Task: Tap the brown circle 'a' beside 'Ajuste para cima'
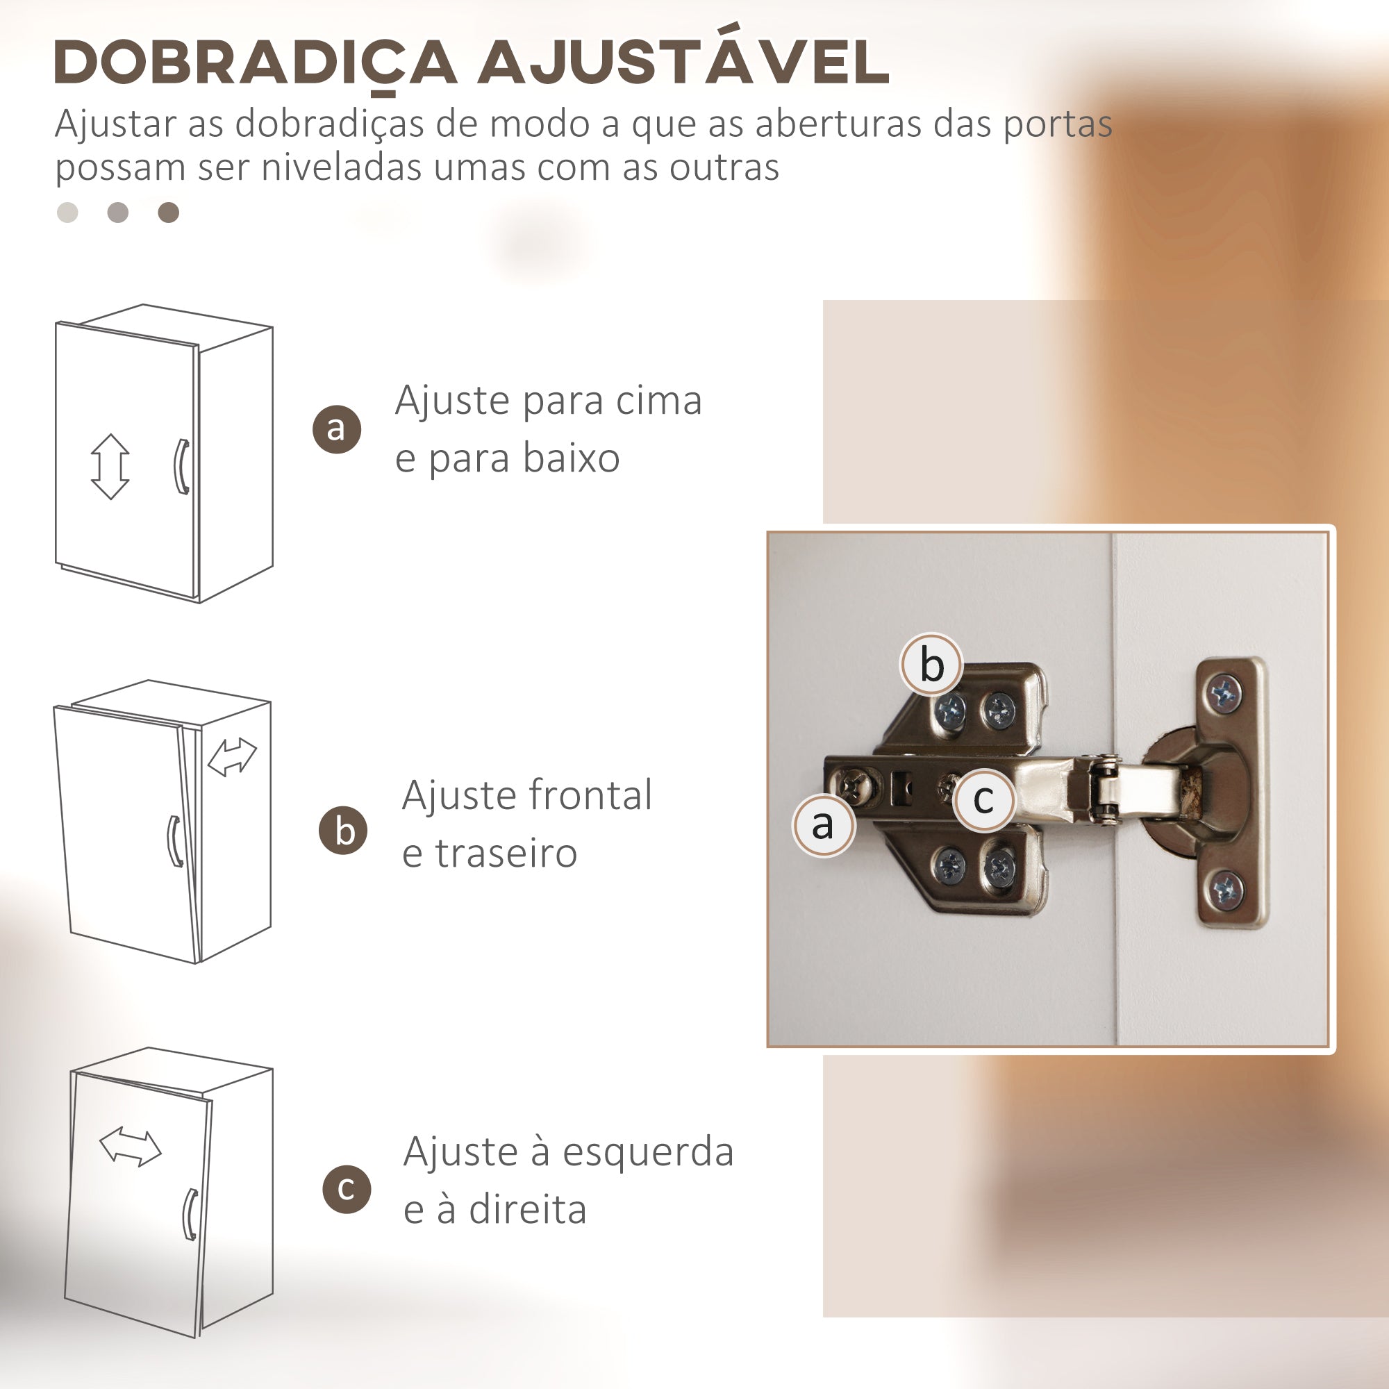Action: point(336,429)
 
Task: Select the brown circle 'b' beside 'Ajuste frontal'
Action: point(343,831)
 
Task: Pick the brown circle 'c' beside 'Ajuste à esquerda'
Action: point(347,1189)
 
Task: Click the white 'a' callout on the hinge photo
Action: point(824,824)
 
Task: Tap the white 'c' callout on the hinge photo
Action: point(984,799)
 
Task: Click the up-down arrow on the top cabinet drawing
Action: point(110,467)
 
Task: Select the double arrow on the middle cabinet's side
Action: point(231,758)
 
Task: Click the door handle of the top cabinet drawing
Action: point(182,467)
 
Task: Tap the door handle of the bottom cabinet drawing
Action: point(190,1214)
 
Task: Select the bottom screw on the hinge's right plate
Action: point(1226,890)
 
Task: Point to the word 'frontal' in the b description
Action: point(590,796)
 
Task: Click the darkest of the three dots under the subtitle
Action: point(168,213)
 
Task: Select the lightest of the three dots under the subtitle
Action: point(67,213)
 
